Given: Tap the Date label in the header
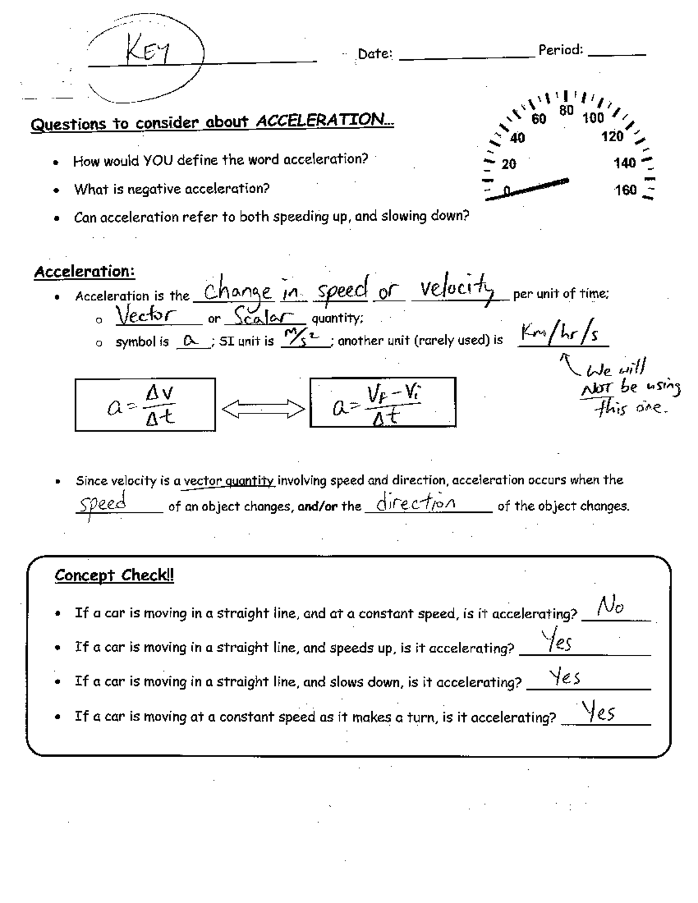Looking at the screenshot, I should pos(375,54).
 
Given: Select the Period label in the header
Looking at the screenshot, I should pos(560,50).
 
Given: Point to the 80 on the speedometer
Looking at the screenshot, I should pos(567,110).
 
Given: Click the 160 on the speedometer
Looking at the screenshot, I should pos(625,190).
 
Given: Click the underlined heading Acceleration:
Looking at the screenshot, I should pos(84,272).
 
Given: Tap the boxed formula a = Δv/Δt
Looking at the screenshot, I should pos(145,405).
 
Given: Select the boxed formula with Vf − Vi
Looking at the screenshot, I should pos(382,402).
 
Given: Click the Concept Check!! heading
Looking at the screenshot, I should pos(114,576).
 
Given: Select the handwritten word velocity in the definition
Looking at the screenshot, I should pos(457,288).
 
